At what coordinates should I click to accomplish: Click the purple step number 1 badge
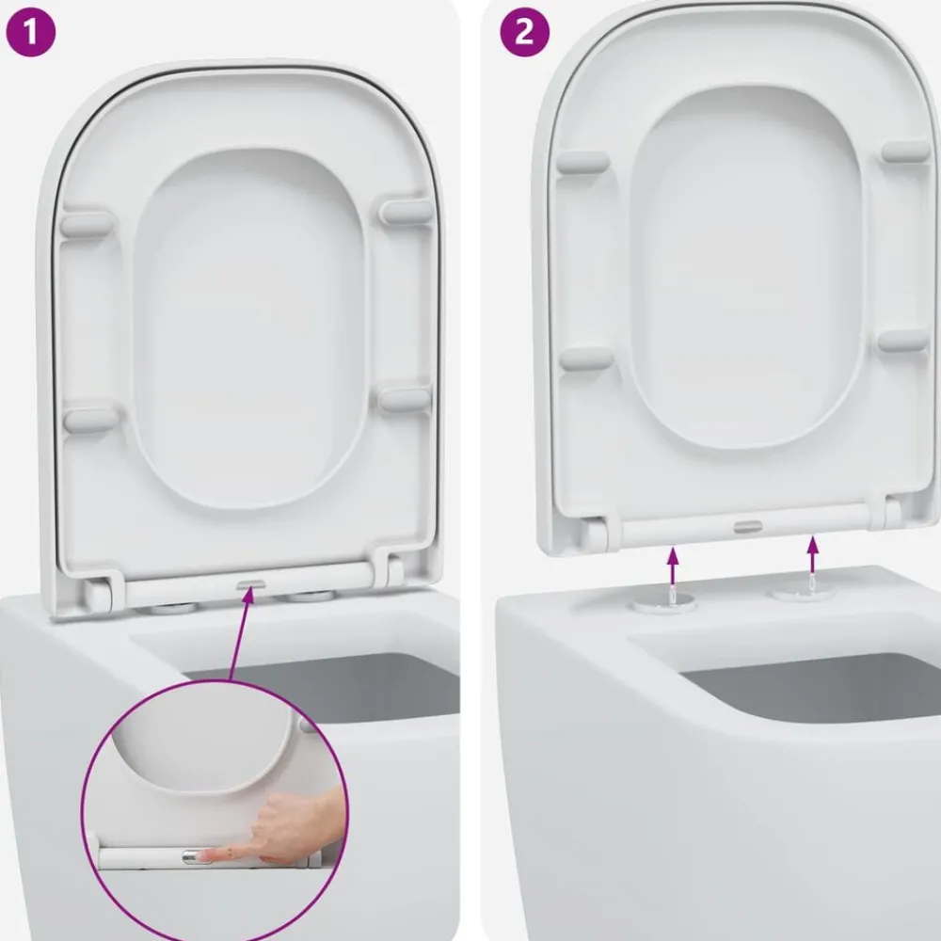[x=31, y=32]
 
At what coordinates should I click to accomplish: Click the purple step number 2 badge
[x=524, y=32]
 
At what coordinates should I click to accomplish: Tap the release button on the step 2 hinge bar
[x=748, y=527]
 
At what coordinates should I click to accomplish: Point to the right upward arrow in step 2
[x=813, y=556]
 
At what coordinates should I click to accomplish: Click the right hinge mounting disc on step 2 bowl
[x=803, y=592]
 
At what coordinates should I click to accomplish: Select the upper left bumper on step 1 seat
[x=87, y=223]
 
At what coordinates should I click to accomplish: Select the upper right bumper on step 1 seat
[x=407, y=211]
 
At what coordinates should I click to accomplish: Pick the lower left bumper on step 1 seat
[x=91, y=420]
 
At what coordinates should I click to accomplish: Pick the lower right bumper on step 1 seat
[x=405, y=399]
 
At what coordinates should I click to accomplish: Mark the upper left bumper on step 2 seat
[x=583, y=162]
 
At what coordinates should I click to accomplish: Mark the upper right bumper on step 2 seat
[x=905, y=152]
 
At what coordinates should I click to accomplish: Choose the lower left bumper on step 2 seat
[x=586, y=359]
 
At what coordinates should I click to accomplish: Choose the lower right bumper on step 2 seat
[x=903, y=341]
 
